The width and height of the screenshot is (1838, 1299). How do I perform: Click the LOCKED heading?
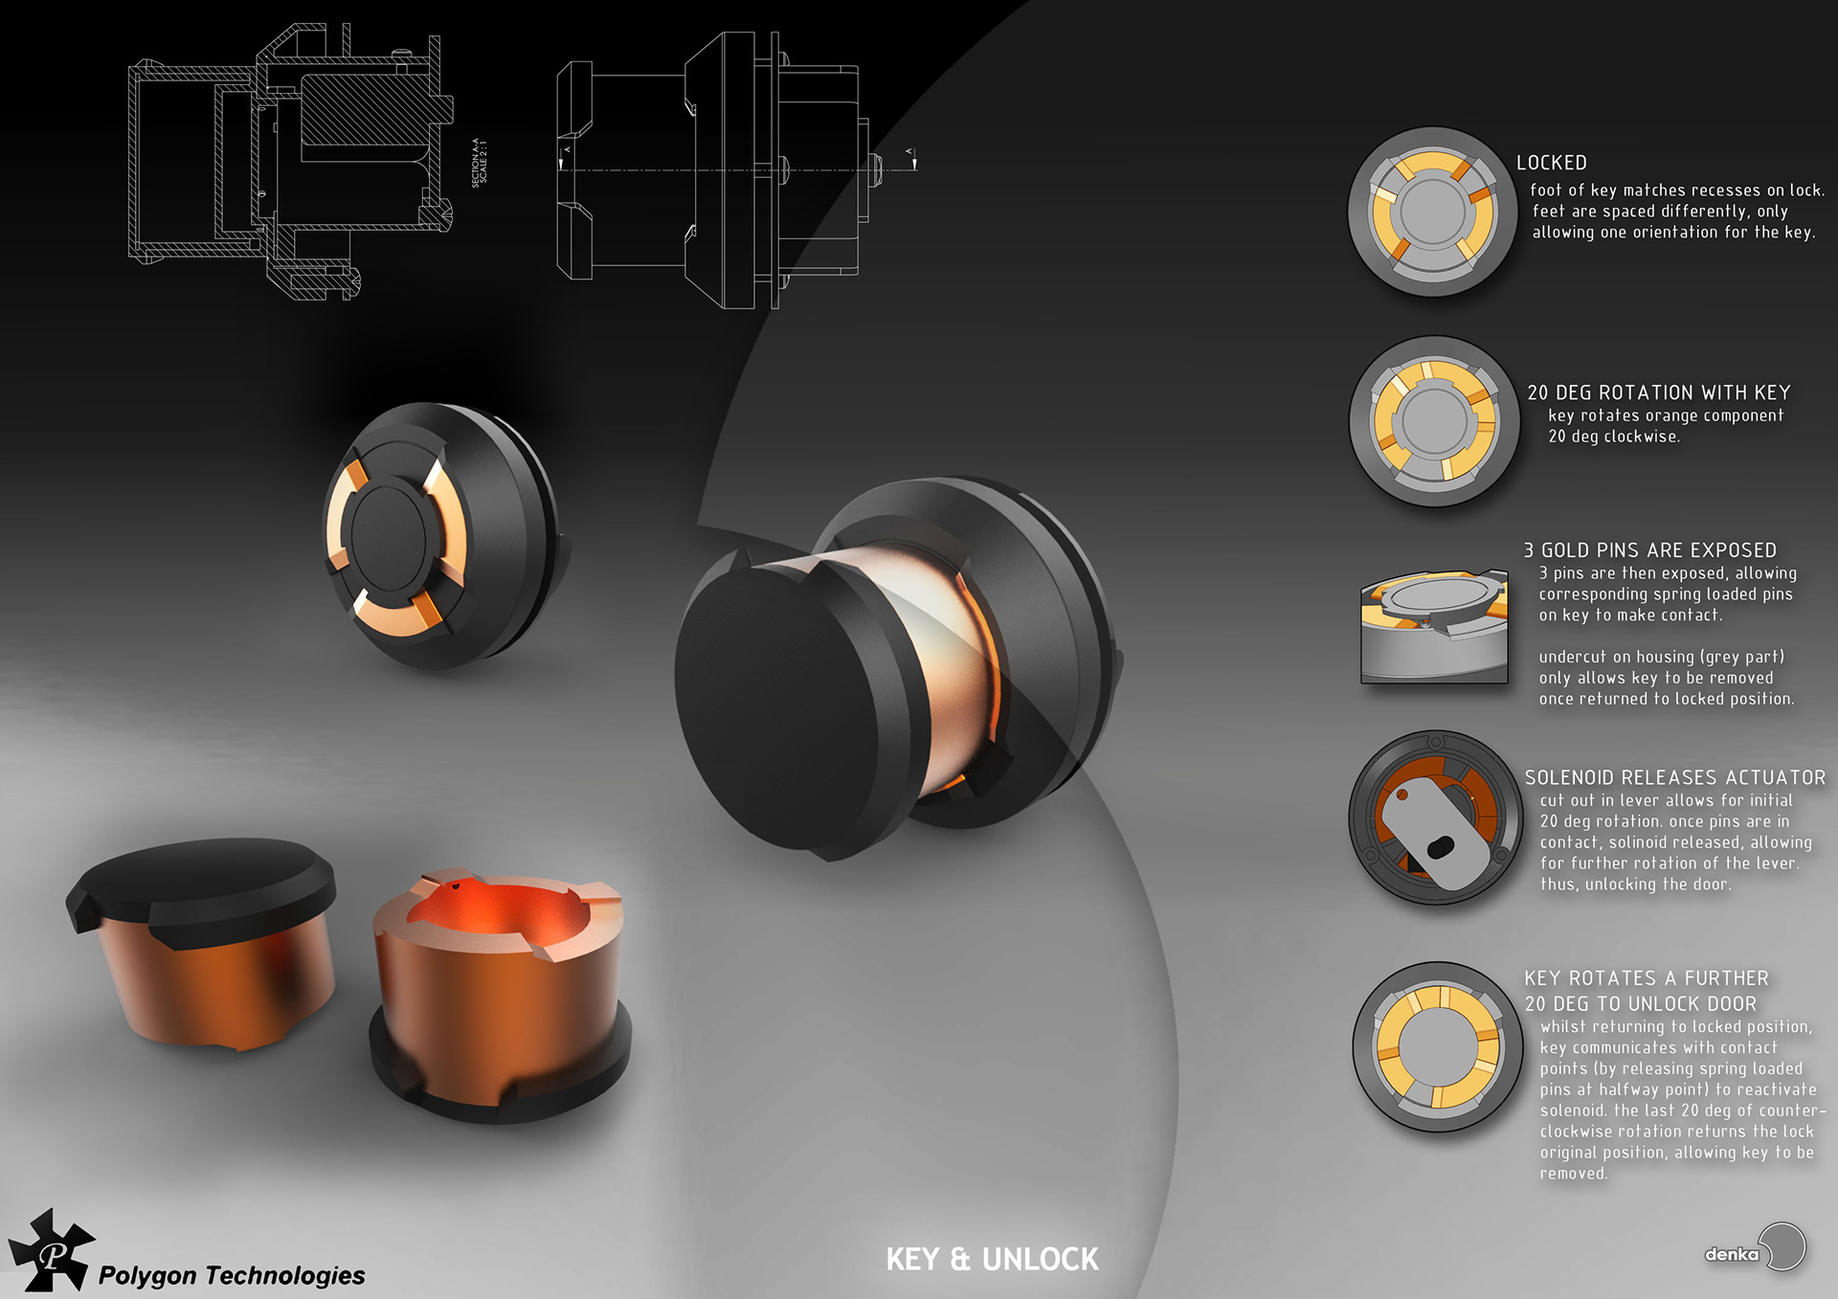(1551, 163)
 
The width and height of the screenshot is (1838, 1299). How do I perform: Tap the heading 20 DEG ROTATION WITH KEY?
(1658, 392)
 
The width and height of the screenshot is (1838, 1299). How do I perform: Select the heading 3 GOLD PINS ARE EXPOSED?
(1649, 550)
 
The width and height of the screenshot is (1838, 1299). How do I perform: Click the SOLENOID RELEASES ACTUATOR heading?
(1674, 777)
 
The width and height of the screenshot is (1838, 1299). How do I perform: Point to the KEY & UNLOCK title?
(992, 1259)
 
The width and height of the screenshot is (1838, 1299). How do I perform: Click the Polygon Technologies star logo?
(52, 1250)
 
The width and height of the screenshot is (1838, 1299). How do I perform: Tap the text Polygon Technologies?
(232, 1275)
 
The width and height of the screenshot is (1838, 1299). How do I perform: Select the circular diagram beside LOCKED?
(1432, 212)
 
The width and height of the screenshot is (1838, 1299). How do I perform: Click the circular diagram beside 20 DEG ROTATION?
(1433, 420)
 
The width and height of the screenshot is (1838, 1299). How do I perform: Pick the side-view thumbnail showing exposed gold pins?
(1433, 627)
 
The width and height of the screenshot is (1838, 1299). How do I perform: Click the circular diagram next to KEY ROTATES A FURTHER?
(1437, 1046)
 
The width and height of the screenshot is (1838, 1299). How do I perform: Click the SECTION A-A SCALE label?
(480, 162)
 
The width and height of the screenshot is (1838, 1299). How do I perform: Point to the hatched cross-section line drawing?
(287, 163)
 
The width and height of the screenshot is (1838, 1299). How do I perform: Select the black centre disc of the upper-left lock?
(388, 531)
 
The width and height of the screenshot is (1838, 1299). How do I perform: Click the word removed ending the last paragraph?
(1573, 1174)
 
